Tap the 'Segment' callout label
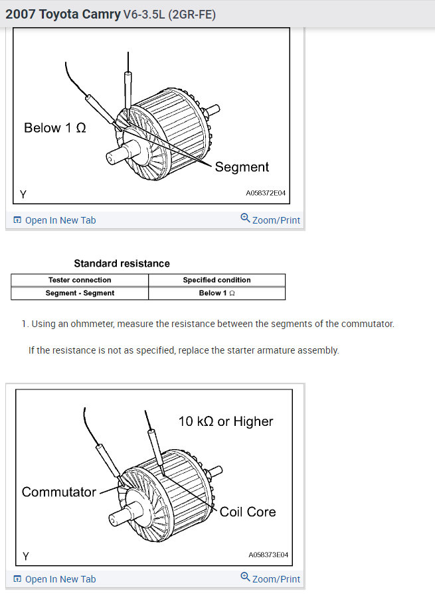tap(242, 167)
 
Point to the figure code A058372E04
tap(266, 194)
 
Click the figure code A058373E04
tap(268, 555)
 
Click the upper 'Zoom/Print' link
tap(270, 220)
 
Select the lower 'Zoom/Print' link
tap(270, 578)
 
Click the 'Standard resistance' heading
tap(122, 263)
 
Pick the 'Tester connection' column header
tap(80, 280)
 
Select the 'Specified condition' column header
tap(217, 280)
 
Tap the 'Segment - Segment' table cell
tap(80, 293)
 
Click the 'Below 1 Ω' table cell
tap(217, 293)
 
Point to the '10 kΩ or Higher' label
tap(226, 421)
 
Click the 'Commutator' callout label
tap(59, 492)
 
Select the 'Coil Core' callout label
tap(248, 511)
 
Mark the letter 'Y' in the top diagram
tap(23, 194)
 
